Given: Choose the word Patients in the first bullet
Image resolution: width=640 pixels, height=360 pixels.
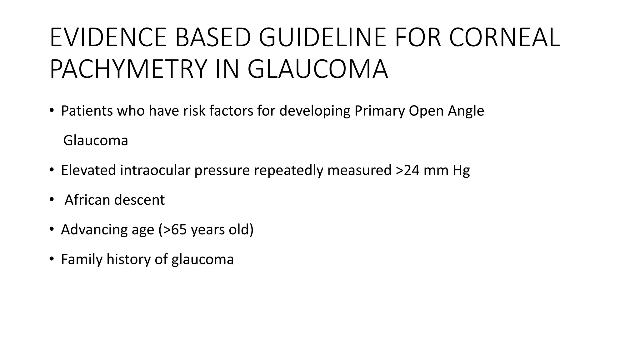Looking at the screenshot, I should click(x=87, y=111).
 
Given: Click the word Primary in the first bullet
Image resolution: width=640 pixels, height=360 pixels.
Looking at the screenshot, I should click(x=379, y=111).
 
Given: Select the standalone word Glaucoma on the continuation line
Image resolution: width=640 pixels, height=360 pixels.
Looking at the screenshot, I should click(x=96, y=140).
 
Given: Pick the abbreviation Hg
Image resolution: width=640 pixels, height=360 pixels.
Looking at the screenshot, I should click(x=461, y=170).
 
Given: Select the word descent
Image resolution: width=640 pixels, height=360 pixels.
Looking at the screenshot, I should click(x=139, y=200).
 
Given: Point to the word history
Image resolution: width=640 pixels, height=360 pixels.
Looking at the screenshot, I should click(x=128, y=259).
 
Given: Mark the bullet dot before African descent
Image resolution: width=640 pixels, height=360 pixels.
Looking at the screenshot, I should click(x=52, y=199).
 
